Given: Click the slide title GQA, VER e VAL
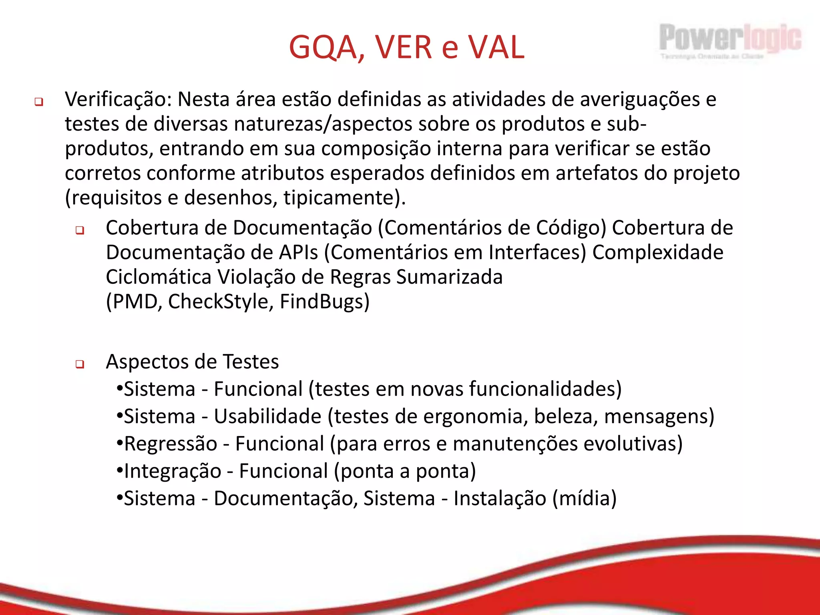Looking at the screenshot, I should [x=406, y=47].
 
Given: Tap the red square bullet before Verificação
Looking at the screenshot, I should [x=39, y=102].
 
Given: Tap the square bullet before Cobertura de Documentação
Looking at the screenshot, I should [x=80, y=230].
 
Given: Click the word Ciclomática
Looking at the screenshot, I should [x=159, y=277].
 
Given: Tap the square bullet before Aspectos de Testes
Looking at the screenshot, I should [x=80, y=364].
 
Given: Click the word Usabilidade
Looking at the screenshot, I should [x=267, y=416].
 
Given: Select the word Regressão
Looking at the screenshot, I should [x=171, y=444].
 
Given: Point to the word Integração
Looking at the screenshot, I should [x=173, y=471].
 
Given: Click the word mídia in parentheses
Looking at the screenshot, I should [x=585, y=498].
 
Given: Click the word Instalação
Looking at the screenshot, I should [x=500, y=498].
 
